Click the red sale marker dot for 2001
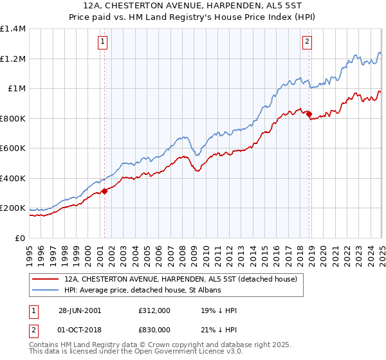[104, 190]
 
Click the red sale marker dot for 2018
[309, 114]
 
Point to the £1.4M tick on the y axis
[13, 29]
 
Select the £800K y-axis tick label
[13, 118]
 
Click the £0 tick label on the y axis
[19, 238]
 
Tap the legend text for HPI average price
[142, 291]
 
